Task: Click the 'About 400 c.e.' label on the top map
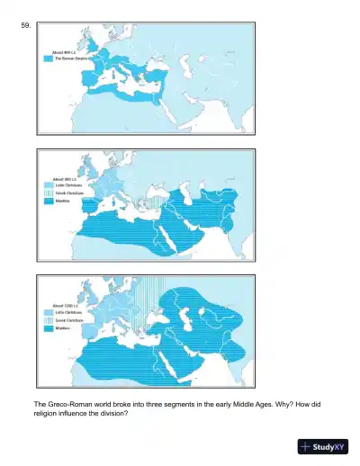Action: pyautogui.click(x=63, y=52)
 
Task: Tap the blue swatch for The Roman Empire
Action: pyautogui.click(x=48, y=58)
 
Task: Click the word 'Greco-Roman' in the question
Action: pyautogui.click(x=64, y=405)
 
